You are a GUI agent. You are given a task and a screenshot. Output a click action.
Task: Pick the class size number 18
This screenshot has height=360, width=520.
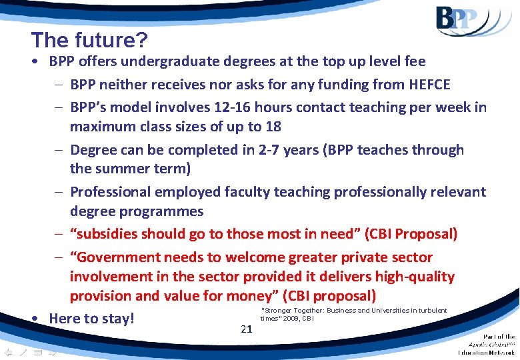point(272,127)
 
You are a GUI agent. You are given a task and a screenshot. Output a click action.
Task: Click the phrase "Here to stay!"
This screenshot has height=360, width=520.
point(92,319)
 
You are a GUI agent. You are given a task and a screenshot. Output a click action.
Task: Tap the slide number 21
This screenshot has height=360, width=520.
point(247,329)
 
